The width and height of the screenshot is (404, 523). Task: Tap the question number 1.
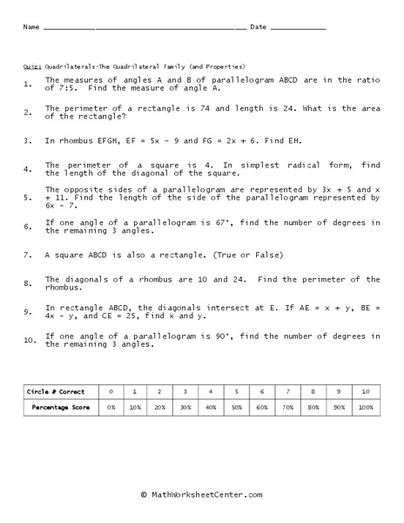tap(28, 85)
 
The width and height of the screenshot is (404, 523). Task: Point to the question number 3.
tap(28, 139)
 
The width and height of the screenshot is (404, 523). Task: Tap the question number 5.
tap(28, 197)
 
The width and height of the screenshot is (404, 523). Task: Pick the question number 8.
tap(28, 282)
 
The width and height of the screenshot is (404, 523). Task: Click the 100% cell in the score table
tap(365, 407)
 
